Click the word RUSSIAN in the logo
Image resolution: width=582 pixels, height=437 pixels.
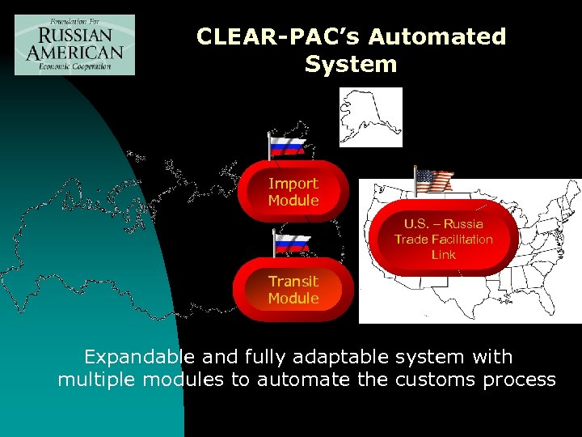[x=74, y=36]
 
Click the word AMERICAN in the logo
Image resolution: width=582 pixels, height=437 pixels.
[x=74, y=51]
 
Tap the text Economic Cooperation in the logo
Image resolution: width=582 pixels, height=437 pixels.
[x=74, y=66]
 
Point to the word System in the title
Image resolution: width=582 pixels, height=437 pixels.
[x=351, y=64]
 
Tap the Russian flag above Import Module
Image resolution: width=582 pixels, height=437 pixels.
[x=288, y=146]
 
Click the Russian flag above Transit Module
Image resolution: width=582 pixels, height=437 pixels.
[x=292, y=244]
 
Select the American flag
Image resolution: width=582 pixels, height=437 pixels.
[x=434, y=180]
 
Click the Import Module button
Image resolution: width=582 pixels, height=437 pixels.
[x=293, y=193]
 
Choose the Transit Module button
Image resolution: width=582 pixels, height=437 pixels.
[x=293, y=290]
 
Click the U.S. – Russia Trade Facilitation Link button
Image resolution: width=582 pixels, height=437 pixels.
[x=444, y=239]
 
